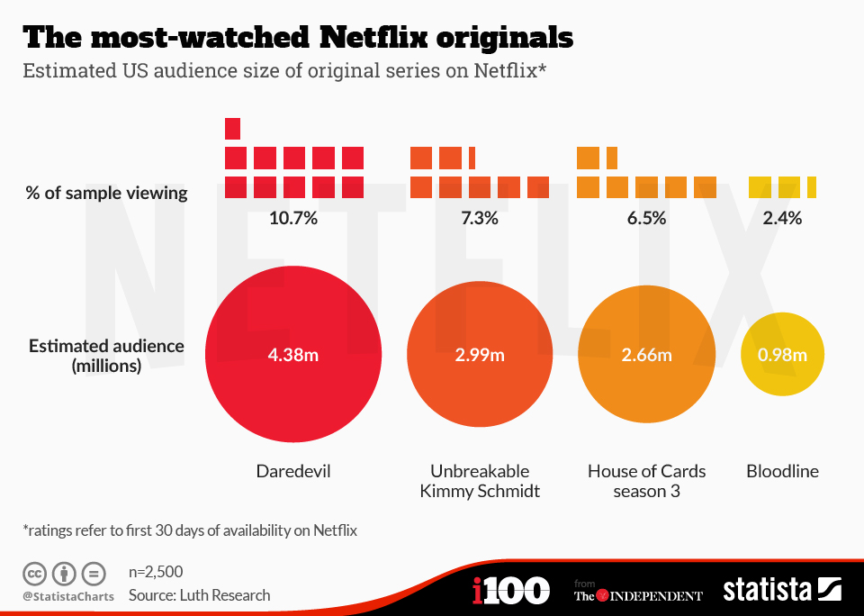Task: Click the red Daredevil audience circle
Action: pos(293,387)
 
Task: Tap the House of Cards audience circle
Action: pos(646,387)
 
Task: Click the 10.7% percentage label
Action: pos(293,218)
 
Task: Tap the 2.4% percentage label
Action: pos(781,218)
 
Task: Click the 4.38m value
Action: pos(293,355)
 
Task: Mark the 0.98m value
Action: pos(781,355)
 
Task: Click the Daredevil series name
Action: pos(293,471)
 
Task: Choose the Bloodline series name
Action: pos(782,471)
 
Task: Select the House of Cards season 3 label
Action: pos(646,481)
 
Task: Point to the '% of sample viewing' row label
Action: pos(106,193)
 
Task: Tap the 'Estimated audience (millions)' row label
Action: pos(106,356)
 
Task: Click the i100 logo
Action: pos(510,591)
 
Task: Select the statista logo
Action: pos(782,591)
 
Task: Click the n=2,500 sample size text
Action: pos(156,571)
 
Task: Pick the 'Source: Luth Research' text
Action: pos(199,594)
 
